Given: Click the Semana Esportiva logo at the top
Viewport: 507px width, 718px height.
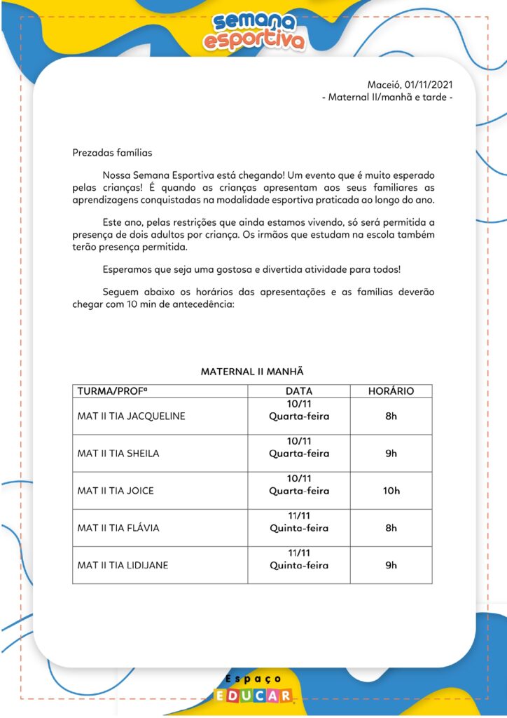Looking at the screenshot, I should pyautogui.click(x=253, y=31).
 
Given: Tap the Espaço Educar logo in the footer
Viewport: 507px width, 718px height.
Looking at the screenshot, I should pyautogui.click(x=253, y=689).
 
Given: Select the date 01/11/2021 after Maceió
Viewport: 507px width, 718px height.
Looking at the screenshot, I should pyautogui.click(x=429, y=85).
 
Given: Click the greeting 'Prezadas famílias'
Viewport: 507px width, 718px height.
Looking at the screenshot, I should pyautogui.click(x=112, y=152).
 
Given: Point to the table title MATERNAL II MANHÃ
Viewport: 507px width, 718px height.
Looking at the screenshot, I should pyautogui.click(x=252, y=372).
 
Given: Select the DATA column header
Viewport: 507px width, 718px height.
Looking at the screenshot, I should pyautogui.click(x=299, y=391).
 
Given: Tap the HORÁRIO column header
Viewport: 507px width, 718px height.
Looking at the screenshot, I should pyautogui.click(x=391, y=391).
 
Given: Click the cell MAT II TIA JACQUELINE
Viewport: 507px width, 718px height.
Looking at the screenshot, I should pyautogui.click(x=131, y=416).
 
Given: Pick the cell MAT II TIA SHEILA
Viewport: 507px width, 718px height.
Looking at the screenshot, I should pyautogui.click(x=118, y=453).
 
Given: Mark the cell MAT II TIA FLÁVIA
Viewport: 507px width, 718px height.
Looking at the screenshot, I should pyautogui.click(x=118, y=527).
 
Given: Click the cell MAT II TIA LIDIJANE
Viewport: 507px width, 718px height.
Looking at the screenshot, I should pyautogui.click(x=123, y=564).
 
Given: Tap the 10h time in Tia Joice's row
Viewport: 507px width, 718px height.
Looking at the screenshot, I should pyautogui.click(x=391, y=490).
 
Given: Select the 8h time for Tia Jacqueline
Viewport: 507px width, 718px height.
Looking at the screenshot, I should pyautogui.click(x=391, y=416).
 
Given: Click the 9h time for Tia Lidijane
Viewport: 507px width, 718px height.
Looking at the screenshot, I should pyautogui.click(x=391, y=564).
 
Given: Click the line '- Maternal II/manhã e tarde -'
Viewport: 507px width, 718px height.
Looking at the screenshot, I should pyautogui.click(x=387, y=97).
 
